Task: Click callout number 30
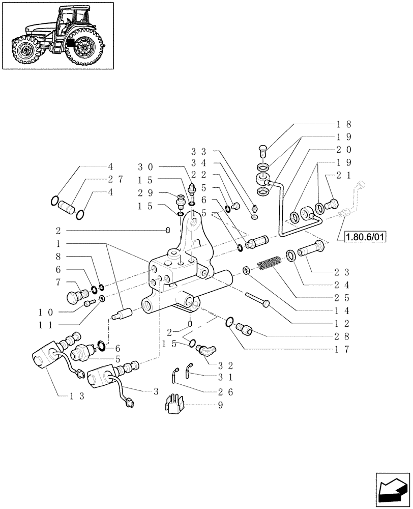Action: coord(145,167)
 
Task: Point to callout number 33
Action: coord(198,151)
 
